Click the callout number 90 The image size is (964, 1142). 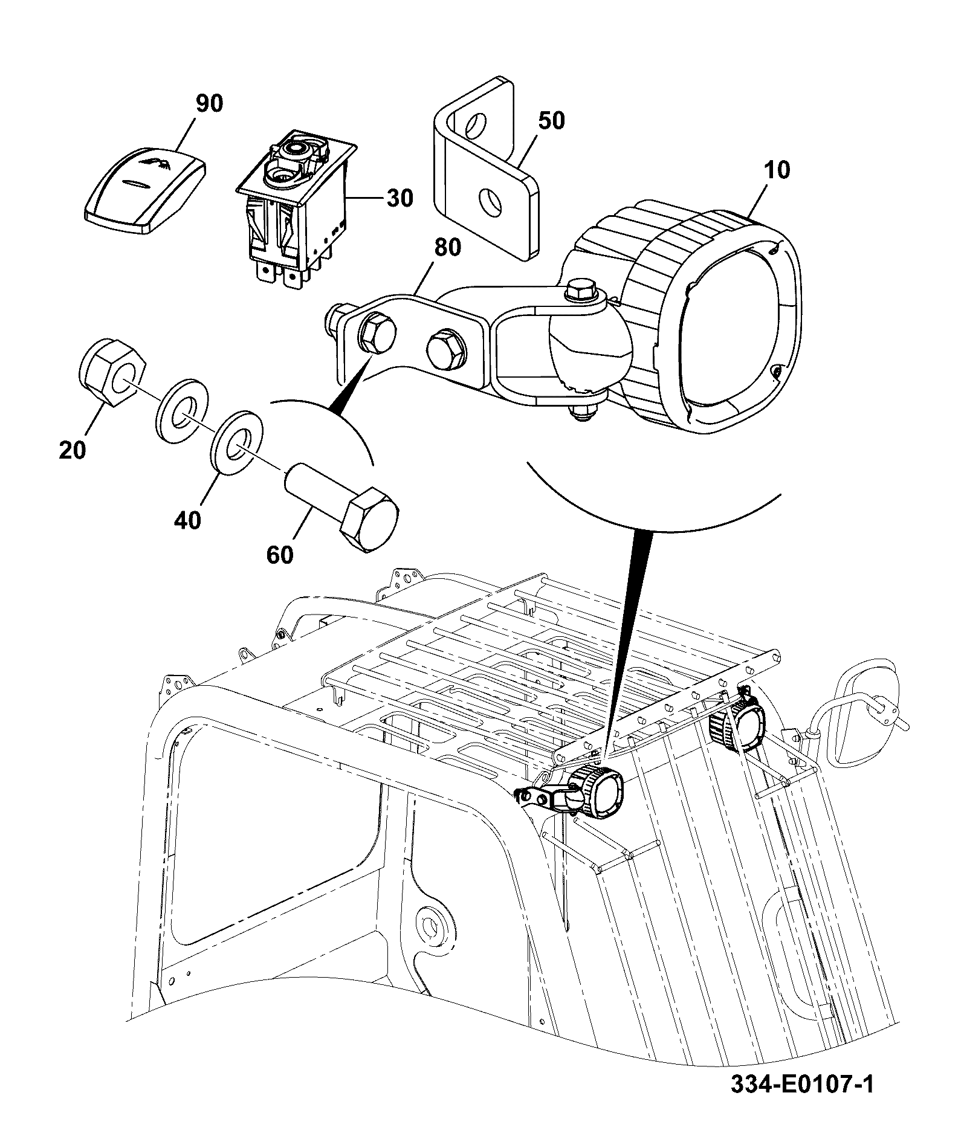(x=209, y=103)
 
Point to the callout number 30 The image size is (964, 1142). (x=399, y=198)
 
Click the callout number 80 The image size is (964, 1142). (x=447, y=247)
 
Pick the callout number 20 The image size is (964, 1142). (x=73, y=450)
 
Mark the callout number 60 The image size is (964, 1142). (x=280, y=555)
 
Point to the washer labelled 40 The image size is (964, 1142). (x=238, y=443)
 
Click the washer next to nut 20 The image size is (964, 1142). (x=182, y=409)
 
